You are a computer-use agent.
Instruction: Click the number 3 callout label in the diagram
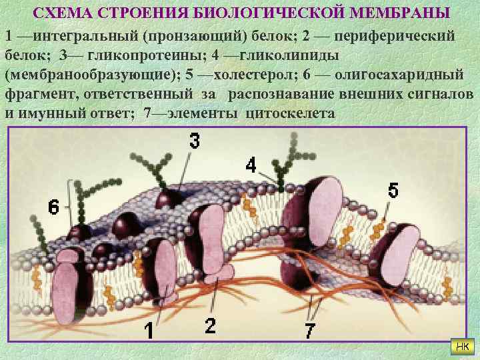pyautogui.click(x=193, y=141)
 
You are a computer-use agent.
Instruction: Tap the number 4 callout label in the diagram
pyautogui.click(x=251, y=165)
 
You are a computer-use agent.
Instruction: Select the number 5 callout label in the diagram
pyautogui.click(x=393, y=191)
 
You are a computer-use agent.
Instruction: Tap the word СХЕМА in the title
pyautogui.click(x=61, y=13)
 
